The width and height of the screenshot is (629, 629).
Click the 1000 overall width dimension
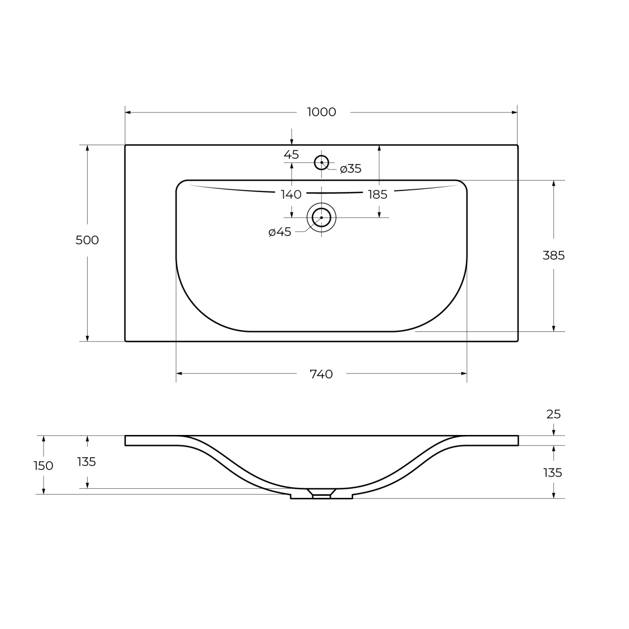pyautogui.click(x=322, y=112)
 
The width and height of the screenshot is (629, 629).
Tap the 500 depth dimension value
pyautogui.click(x=87, y=240)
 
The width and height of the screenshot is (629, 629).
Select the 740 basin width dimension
pyautogui.click(x=321, y=374)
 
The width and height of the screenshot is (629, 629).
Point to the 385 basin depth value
pyautogui.click(x=554, y=255)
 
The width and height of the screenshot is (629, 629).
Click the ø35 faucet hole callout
pyautogui.click(x=351, y=169)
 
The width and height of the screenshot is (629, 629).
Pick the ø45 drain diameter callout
pyautogui.click(x=280, y=232)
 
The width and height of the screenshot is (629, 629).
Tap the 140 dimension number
pyautogui.click(x=291, y=195)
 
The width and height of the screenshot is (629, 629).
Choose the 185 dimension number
pyautogui.click(x=378, y=195)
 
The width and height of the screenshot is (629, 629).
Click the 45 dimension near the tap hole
pyautogui.click(x=291, y=154)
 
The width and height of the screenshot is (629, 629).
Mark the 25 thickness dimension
pyautogui.click(x=554, y=415)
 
